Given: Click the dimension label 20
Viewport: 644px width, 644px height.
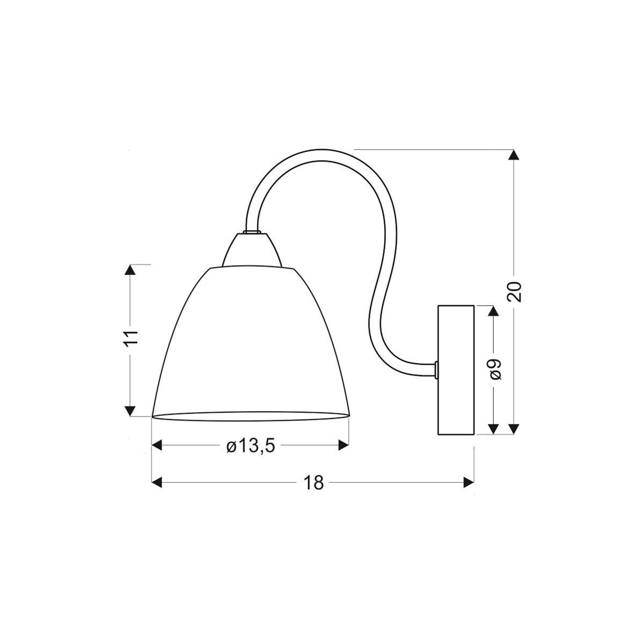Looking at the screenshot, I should [x=514, y=291].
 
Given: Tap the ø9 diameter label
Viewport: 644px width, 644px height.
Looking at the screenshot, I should [x=495, y=369].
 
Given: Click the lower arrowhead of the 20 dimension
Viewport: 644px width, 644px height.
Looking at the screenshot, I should [x=514, y=428].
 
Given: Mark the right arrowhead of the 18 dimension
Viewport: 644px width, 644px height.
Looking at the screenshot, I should [x=468, y=482].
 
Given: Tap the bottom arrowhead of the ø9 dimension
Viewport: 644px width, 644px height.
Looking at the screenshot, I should [x=494, y=428].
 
